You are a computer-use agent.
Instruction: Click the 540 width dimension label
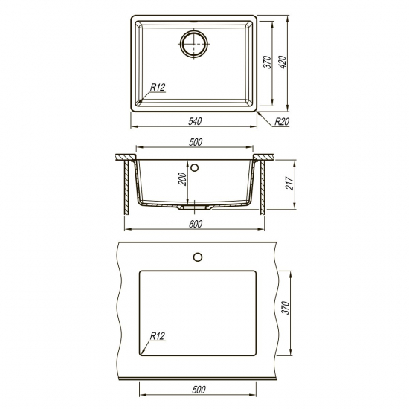pos(195,121)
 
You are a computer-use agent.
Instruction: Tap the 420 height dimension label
pos(283,62)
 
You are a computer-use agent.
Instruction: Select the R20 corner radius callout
pos(282,121)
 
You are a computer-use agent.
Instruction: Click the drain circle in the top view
pos(194,44)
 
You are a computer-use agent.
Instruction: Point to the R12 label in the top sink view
pos(158,88)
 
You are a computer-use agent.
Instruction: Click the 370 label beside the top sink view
pos(268,62)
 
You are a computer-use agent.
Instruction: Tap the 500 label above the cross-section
pos(195,142)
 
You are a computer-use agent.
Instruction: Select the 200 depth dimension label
pos(183,179)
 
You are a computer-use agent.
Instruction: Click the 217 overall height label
pos(290,183)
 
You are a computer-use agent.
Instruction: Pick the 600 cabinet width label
pos(195,224)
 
